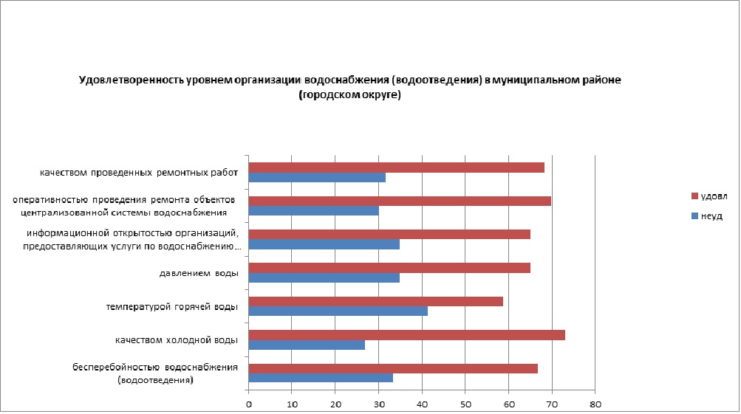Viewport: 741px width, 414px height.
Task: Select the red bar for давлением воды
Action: click(x=389, y=268)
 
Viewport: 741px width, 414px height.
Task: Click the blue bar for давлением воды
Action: click(x=324, y=278)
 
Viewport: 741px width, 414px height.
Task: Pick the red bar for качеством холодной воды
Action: click(x=406, y=335)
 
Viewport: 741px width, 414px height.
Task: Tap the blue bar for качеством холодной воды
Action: click(x=307, y=345)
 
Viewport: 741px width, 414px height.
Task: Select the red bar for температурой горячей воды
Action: click(x=375, y=301)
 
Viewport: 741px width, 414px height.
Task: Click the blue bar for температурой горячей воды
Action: click(x=338, y=311)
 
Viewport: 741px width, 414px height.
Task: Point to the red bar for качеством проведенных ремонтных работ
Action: click(x=396, y=168)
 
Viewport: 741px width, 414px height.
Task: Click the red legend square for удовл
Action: click(x=694, y=196)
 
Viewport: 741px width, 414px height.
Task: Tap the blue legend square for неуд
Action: click(x=694, y=216)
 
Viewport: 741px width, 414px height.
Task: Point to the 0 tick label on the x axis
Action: click(x=249, y=404)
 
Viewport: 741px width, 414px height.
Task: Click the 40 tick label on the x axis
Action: click(x=422, y=404)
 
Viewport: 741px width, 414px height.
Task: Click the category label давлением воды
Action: click(x=199, y=274)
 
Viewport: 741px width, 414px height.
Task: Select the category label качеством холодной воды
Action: click(x=176, y=340)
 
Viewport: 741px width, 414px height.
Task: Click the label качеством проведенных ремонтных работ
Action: click(x=139, y=174)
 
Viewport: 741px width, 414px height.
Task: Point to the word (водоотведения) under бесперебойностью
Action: click(x=155, y=380)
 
